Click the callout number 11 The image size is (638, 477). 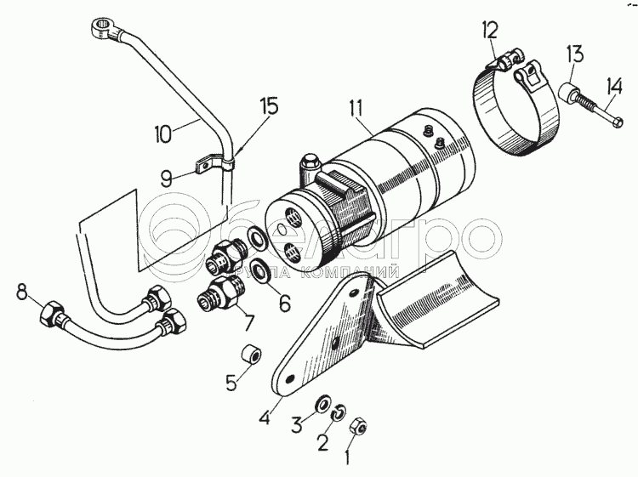(x=356, y=108)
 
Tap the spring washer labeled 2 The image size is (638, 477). (x=339, y=412)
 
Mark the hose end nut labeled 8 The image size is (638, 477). (x=54, y=316)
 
